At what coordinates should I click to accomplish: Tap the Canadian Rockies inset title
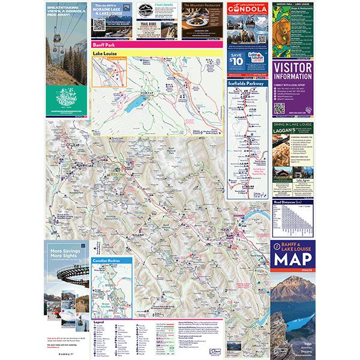pyautogui.click(x=110, y=262)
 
